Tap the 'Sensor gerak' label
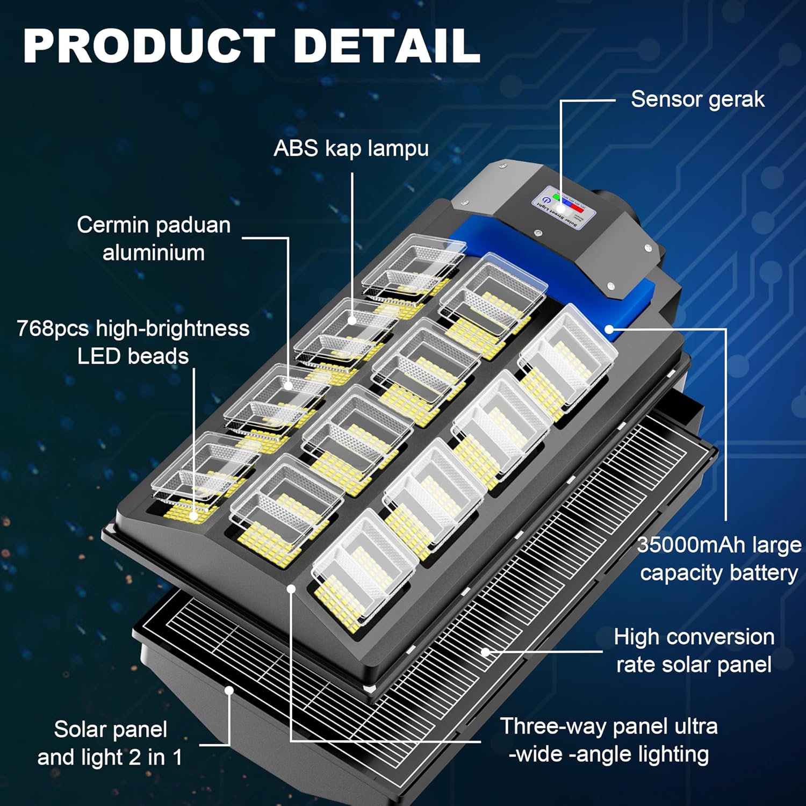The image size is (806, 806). pos(697,99)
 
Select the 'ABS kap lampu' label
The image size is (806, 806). pos(351,148)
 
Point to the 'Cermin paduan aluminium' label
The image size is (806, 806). pos(154,239)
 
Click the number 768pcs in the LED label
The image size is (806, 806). pos(53,328)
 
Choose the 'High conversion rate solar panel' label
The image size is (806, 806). pos(694,651)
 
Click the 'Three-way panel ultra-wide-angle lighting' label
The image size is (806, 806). pos(609,740)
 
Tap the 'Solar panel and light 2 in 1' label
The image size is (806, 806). pos(110,743)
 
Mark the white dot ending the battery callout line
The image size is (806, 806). pos(609,329)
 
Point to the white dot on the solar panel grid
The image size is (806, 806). pos(485,652)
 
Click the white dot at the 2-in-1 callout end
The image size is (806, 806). pos(229,690)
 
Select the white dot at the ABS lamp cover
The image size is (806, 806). pos(352,320)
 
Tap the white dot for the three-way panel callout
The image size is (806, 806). pos(291,589)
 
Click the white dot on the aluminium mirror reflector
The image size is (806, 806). pos(289,385)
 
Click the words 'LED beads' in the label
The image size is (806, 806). pos(133,356)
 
